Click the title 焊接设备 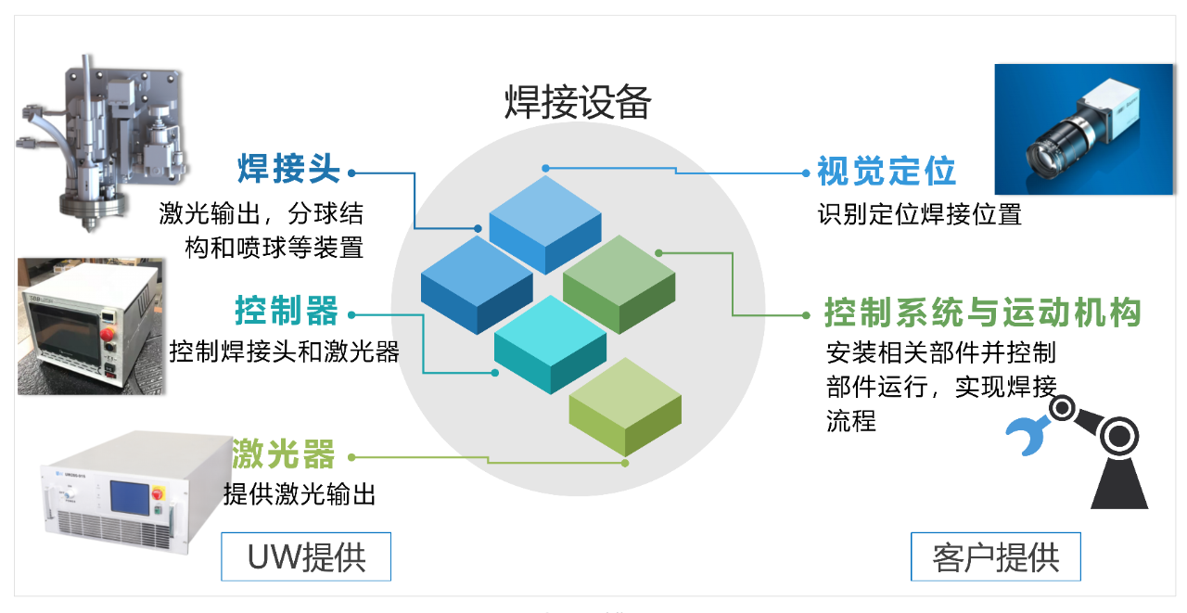click(x=578, y=102)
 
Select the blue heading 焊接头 click(x=288, y=171)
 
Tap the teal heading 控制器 click(x=287, y=311)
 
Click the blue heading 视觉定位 click(x=886, y=171)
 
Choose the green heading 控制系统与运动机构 click(x=982, y=313)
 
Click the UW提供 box click(x=306, y=556)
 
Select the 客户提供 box click(x=995, y=556)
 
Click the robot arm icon click(x=1094, y=450)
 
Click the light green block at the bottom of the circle click(x=625, y=405)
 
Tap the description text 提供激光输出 click(x=300, y=494)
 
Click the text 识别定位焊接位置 click(x=919, y=215)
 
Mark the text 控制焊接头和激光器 click(x=285, y=352)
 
